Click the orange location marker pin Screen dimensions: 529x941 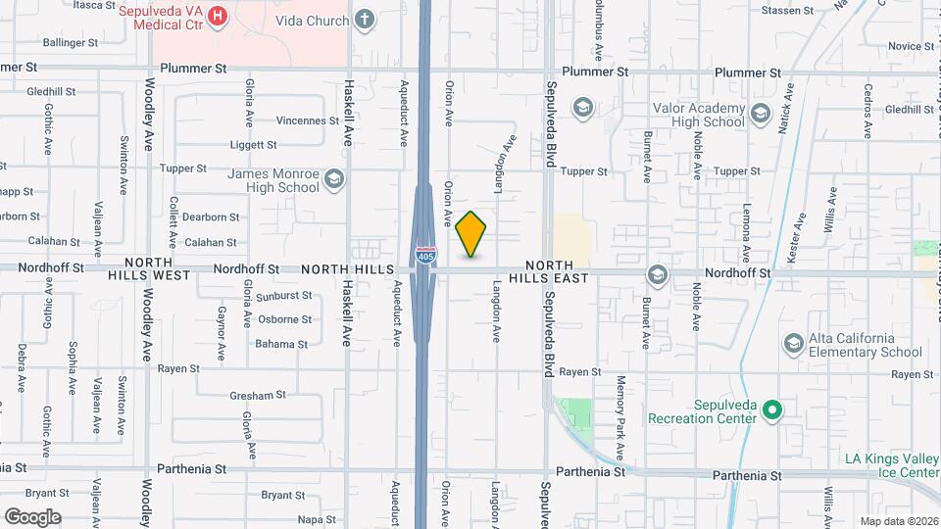[x=471, y=234]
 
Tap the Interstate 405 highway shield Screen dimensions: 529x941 [x=424, y=256]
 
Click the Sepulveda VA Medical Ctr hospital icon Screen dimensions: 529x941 [x=218, y=17]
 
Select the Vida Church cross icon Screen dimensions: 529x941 [x=365, y=20]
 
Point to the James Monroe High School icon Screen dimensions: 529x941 [x=334, y=178]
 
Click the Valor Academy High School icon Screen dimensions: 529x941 [x=761, y=116]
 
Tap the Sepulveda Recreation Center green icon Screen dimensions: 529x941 [x=771, y=409]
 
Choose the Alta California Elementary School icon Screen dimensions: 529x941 [x=793, y=343]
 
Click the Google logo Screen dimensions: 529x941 [x=32, y=516]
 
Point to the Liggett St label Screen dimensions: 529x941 [x=253, y=145]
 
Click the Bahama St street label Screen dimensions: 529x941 [x=281, y=344]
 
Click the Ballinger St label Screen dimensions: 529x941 [x=71, y=43]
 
